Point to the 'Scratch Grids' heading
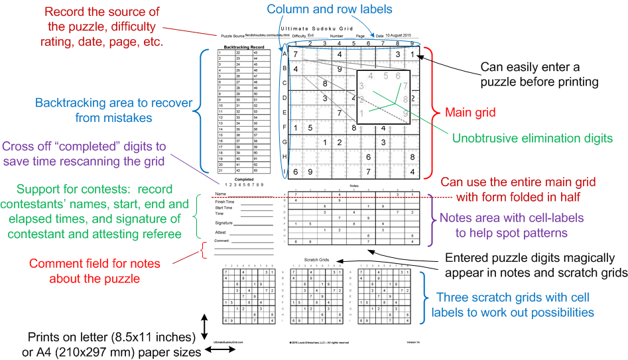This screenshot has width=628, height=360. click(316, 259)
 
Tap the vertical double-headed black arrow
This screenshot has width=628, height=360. click(205, 327)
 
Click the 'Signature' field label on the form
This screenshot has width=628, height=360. click(223, 223)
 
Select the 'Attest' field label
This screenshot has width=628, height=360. click(220, 233)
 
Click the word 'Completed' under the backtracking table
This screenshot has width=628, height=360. click(244, 178)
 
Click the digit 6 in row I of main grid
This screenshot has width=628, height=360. click(292, 172)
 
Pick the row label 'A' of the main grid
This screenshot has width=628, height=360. click(284, 54)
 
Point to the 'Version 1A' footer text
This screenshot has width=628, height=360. click(414, 342)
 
